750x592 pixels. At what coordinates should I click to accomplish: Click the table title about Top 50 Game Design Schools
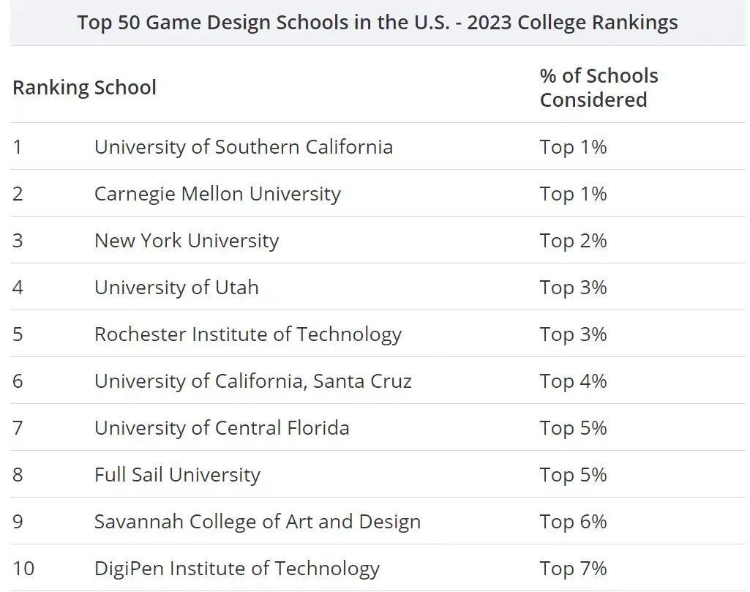click(x=378, y=22)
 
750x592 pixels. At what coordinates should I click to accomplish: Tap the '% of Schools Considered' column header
click(x=599, y=88)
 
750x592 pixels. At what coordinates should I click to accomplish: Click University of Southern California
click(x=243, y=147)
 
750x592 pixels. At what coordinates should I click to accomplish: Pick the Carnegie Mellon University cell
click(x=217, y=194)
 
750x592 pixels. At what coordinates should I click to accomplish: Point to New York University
click(x=187, y=241)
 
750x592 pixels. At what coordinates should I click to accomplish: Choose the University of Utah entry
click(x=176, y=288)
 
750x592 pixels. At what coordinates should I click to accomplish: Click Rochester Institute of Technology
click(x=247, y=334)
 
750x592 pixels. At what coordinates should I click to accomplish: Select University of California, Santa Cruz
click(x=252, y=381)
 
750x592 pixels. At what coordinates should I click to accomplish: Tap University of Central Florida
click(x=222, y=428)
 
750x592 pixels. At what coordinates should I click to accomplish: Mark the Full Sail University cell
click(x=177, y=475)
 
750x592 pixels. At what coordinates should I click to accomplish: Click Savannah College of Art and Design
click(x=257, y=522)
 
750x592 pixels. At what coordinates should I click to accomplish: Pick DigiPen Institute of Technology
click(x=236, y=569)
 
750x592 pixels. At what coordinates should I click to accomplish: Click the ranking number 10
click(x=23, y=569)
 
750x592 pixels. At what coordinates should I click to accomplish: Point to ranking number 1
click(x=18, y=147)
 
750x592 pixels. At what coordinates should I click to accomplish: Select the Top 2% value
click(x=573, y=241)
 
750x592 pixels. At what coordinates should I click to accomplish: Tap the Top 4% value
click(x=573, y=381)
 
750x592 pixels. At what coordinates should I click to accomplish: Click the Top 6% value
click(x=573, y=522)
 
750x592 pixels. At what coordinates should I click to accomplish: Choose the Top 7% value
click(x=573, y=569)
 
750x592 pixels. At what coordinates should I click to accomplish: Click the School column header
click(x=125, y=88)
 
